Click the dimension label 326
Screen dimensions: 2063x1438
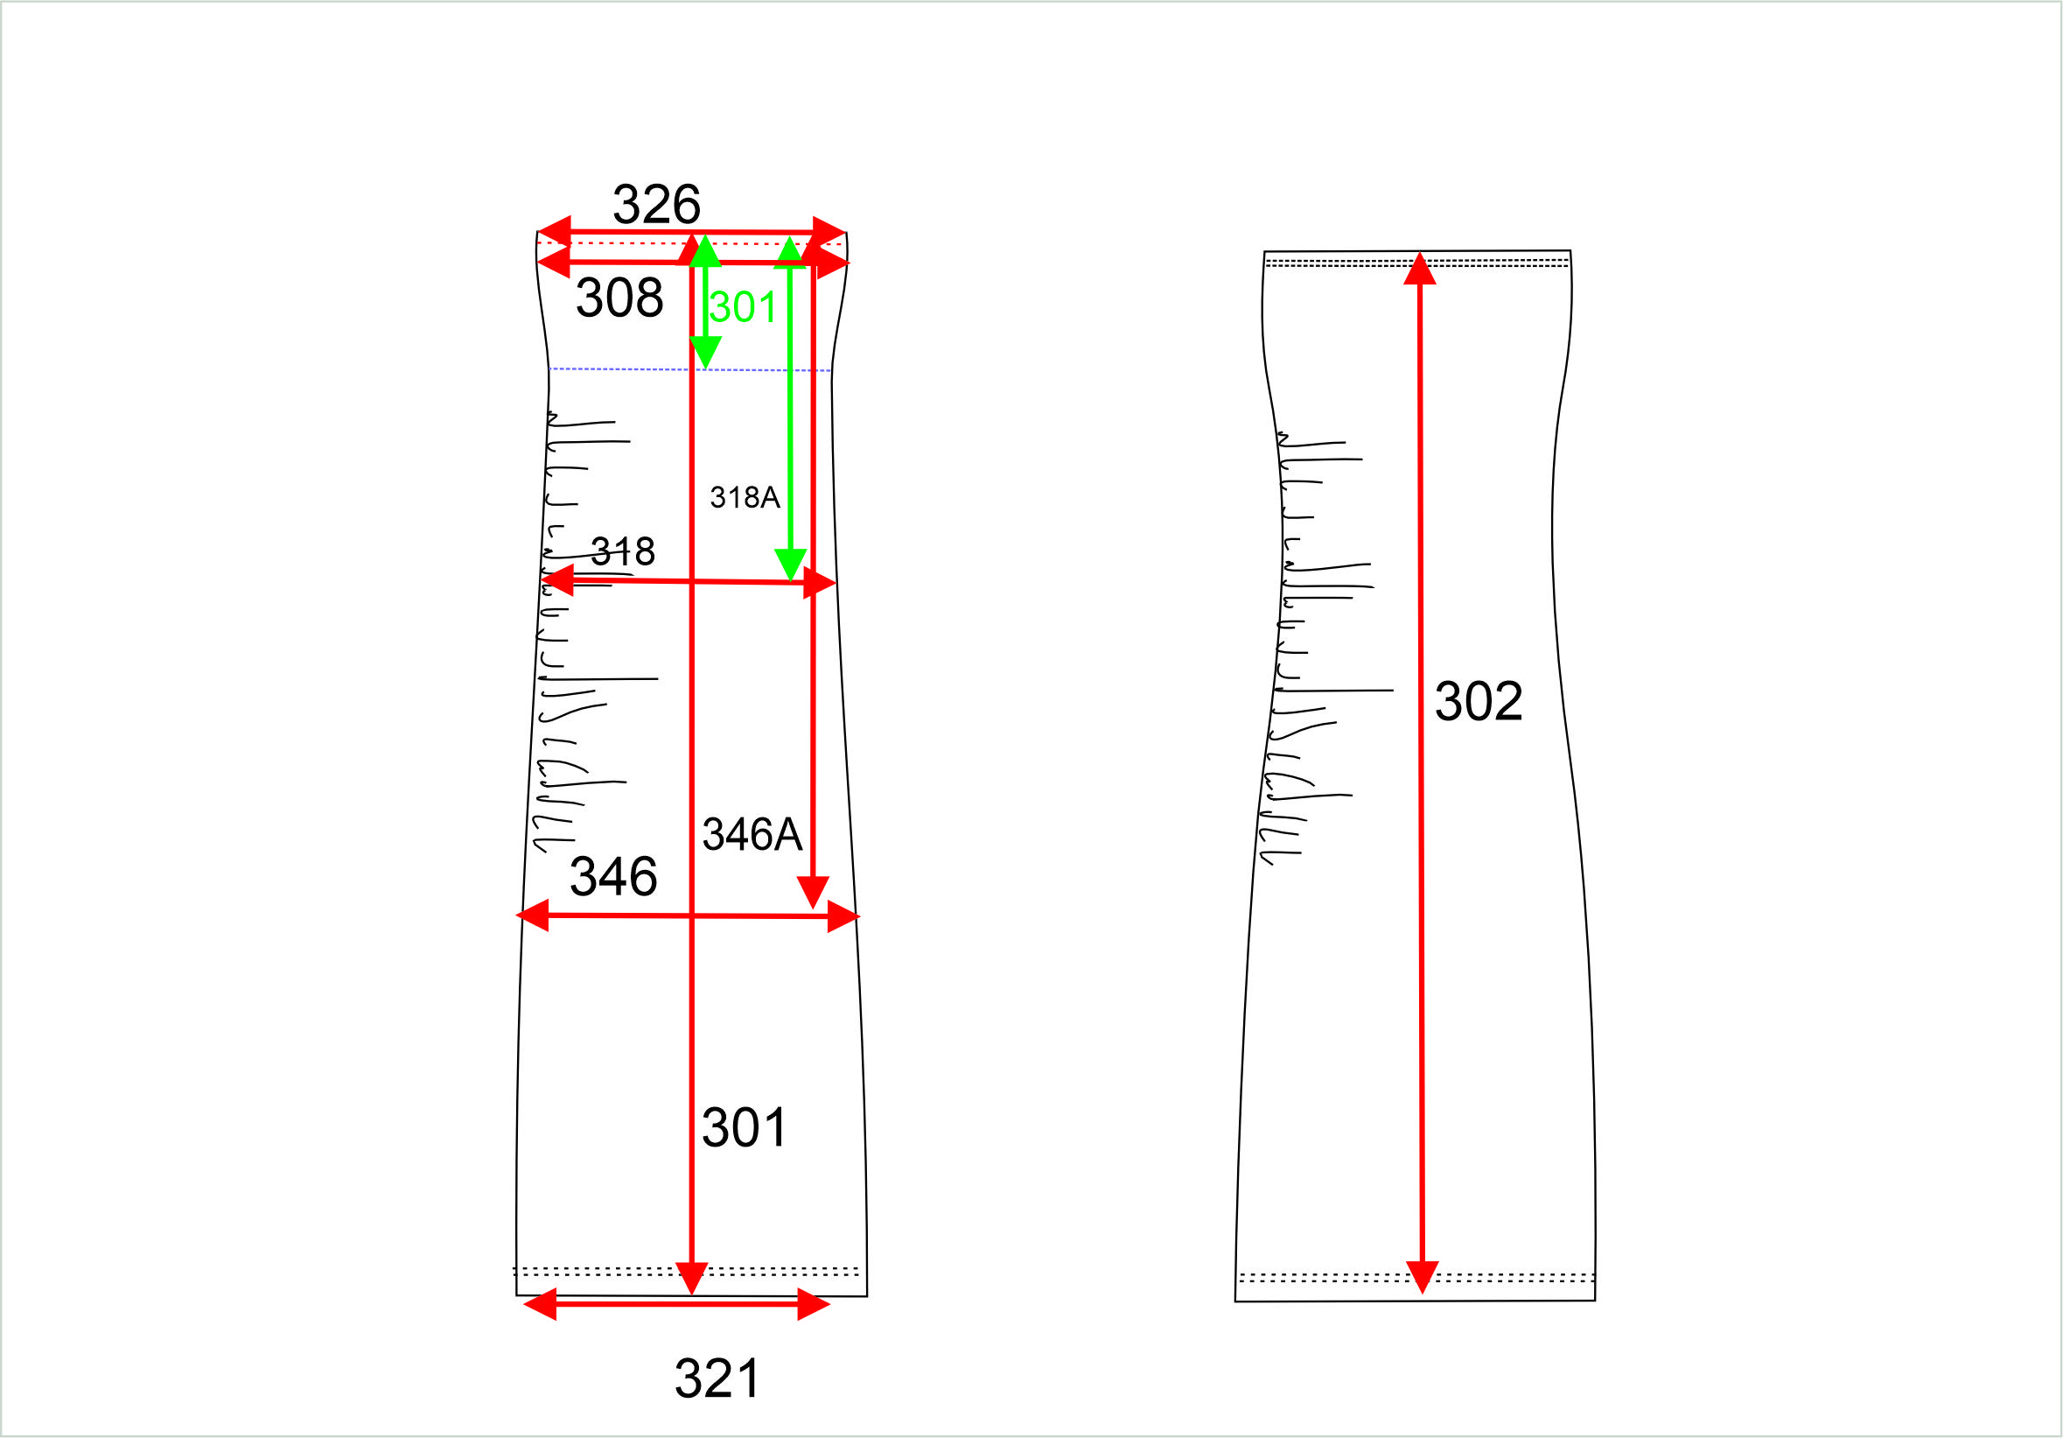[656, 205]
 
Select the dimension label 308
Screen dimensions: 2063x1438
[619, 298]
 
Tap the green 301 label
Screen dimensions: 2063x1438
[742, 307]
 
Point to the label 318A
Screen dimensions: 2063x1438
[744, 497]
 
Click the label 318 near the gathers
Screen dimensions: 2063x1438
[623, 551]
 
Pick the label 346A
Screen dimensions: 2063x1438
[752, 834]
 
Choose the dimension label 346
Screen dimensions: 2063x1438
[613, 876]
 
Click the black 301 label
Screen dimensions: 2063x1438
[744, 1128]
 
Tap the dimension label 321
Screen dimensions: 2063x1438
[717, 1378]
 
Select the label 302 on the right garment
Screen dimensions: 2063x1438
[1478, 701]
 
